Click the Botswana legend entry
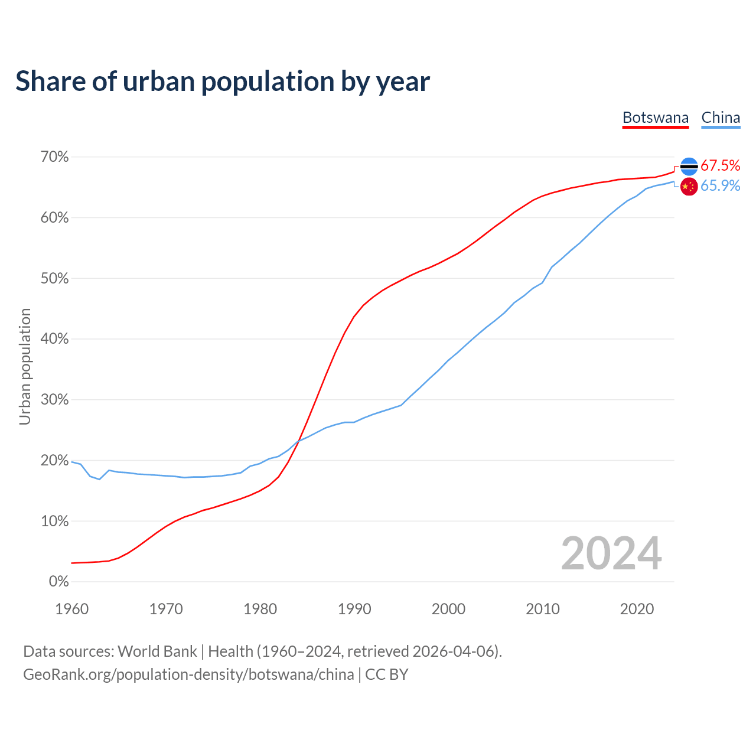(656, 118)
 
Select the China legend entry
(721, 118)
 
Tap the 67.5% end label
(721, 165)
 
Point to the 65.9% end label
(721, 186)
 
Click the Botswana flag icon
(689, 167)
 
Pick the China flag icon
(689, 187)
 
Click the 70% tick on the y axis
(55, 157)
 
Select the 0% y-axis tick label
(58, 582)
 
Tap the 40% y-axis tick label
(55, 339)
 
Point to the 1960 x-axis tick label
(71, 609)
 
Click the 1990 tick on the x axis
(354, 609)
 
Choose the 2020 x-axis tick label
(637, 609)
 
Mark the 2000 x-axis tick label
(448, 609)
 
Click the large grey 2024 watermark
(611, 553)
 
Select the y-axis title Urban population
(25, 366)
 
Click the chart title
(223, 82)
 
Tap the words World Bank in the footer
(157, 651)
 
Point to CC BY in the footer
(387, 674)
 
